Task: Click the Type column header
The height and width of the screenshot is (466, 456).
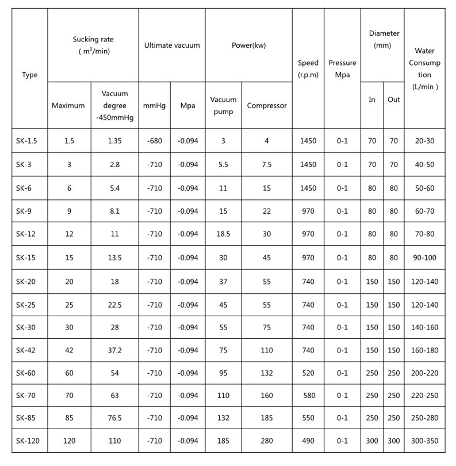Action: coord(30,74)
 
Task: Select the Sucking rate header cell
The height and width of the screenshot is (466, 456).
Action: coord(93,45)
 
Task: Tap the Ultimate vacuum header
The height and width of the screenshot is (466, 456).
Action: coord(172,46)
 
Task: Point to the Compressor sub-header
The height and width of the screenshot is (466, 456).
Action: coord(267,105)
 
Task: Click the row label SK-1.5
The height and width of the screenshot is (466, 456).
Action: coord(27,141)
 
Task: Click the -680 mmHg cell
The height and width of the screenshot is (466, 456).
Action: coord(155,141)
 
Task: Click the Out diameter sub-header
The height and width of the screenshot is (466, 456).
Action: coord(393,99)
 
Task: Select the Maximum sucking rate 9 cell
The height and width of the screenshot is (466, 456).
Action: coord(68,211)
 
